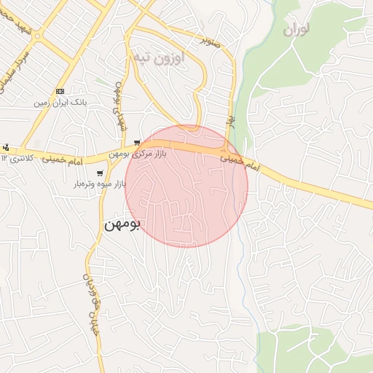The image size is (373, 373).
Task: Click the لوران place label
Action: [x=294, y=30]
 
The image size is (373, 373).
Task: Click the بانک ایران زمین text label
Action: [x=60, y=104]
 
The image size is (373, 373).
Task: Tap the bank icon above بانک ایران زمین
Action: [x=60, y=92]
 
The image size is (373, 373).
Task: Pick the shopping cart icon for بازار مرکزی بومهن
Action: [x=137, y=143]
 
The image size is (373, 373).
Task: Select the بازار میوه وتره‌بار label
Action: [x=99, y=185]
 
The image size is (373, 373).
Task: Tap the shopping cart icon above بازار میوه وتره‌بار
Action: [x=99, y=173]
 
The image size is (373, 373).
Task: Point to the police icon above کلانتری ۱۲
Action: [x=6, y=146]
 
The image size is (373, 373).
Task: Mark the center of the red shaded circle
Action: [x=186, y=186]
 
